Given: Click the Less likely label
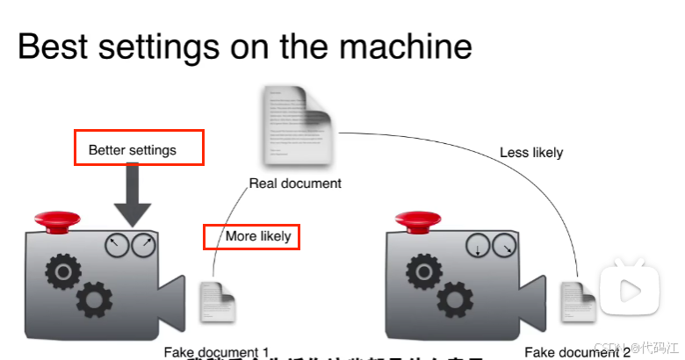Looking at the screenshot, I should point(531,152).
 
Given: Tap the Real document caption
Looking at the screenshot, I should point(295,184).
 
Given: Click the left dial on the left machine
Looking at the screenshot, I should point(116,246).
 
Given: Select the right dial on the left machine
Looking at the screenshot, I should point(143,246).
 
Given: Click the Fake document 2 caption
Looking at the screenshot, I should point(577,352).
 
